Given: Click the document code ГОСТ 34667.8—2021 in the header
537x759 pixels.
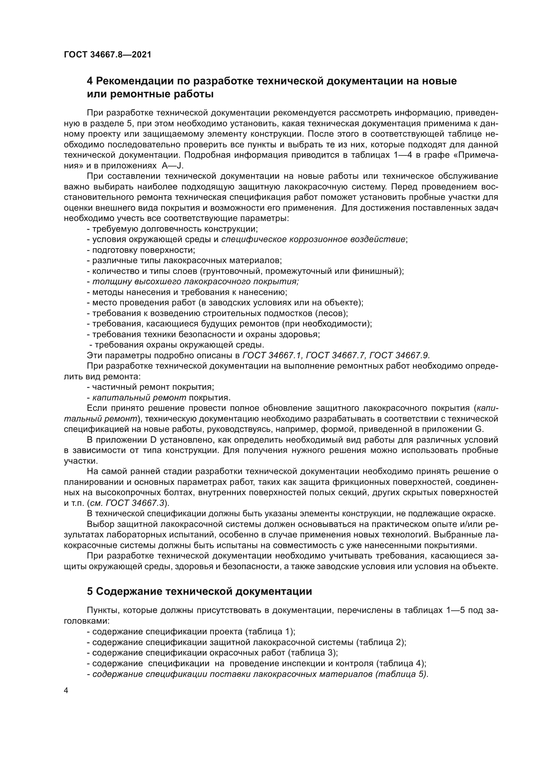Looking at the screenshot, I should click(107, 55).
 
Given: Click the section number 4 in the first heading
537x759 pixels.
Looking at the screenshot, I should click(90, 81).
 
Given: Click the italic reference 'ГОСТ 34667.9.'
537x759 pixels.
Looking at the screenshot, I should click(399, 355).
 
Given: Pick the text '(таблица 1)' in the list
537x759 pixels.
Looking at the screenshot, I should click(270, 632).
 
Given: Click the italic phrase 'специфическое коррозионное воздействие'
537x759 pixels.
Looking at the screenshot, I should click(313, 239).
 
